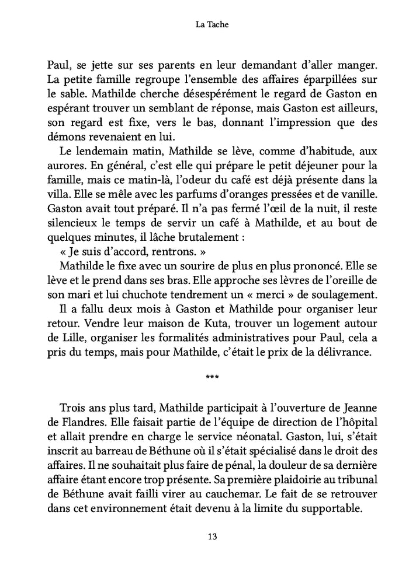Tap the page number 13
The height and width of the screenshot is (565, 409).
point(204,536)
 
